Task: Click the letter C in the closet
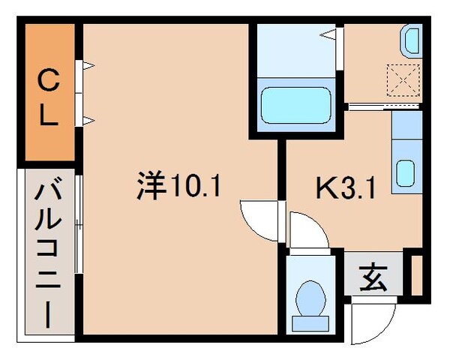pyautogui.click(x=47, y=76)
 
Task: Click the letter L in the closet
pyautogui.click(x=47, y=115)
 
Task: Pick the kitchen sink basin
pyautogui.click(x=405, y=175)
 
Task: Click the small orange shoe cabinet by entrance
pyautogui.click(x=417, y=275)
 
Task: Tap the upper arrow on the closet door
pyautogui.click(x=88, y=67)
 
